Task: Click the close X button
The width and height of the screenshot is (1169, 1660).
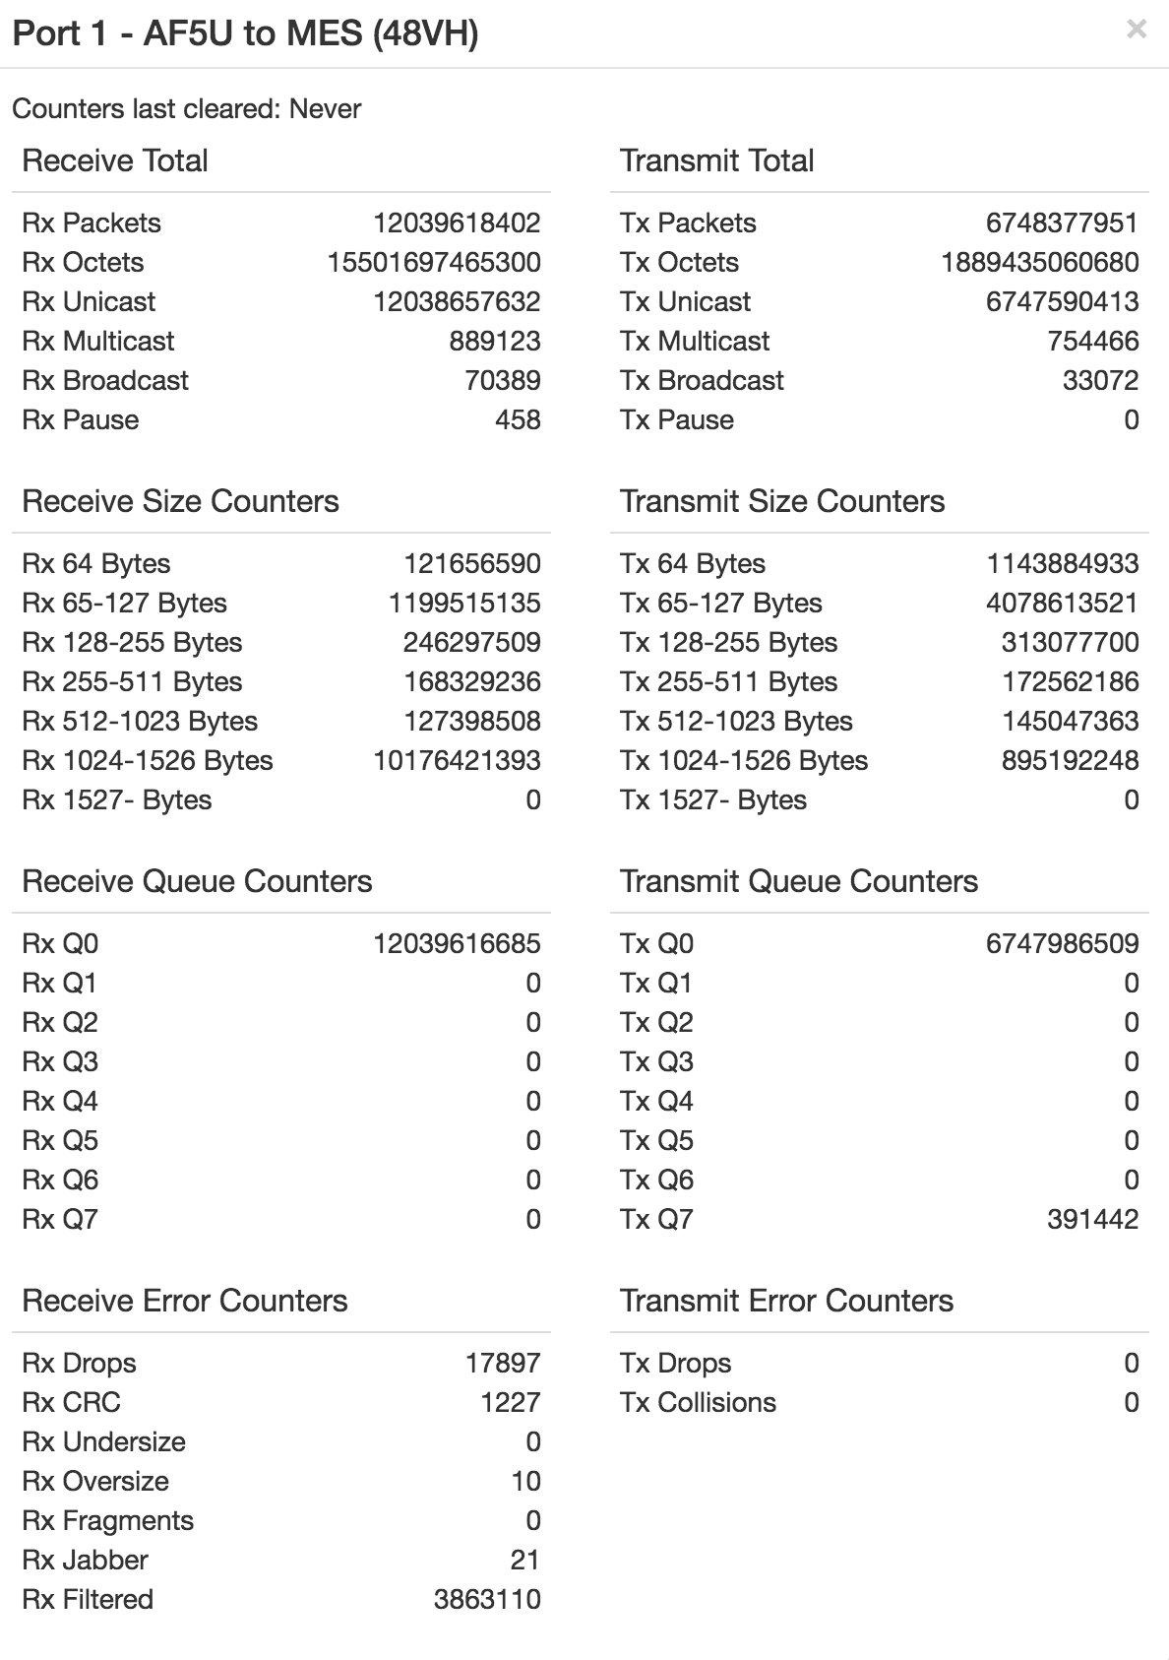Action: (x=1137, y=30)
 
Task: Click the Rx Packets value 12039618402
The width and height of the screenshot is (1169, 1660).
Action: (x=457, y=223)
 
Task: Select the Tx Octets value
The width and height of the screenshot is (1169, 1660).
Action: (x=1040, y=262)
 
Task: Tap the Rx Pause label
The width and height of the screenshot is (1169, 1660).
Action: (x=81, y=419)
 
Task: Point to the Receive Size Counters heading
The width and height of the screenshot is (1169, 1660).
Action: (x=180, y=501)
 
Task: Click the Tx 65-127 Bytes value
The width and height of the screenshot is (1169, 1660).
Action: (x=1062, y=603)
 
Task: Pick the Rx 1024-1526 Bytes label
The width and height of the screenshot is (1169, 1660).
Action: (x=148, y=760)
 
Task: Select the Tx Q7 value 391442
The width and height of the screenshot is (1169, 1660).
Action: (x=1092, y=1219)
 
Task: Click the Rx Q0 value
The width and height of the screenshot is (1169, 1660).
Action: (x=457, y=943)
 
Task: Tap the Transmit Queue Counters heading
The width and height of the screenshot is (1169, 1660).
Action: (x=799, y=881)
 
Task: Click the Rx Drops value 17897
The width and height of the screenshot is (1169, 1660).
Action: (x=503, y=1363)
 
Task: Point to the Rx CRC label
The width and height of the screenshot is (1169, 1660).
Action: (x=71, y=1402)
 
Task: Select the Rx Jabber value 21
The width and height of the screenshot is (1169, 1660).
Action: (x=525, y=1560)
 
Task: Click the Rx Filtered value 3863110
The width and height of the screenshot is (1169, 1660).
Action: (x=487, y=1599)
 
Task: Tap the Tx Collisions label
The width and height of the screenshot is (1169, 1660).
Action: (x=698, y=1402)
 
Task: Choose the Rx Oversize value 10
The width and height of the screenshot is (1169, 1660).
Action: (x=525, y=1481)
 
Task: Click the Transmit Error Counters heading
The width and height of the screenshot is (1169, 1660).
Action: (x=786, y=1301)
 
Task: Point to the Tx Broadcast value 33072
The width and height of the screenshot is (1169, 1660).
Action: (x=1100, y=380)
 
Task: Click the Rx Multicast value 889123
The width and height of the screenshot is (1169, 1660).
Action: (x=495, y=341)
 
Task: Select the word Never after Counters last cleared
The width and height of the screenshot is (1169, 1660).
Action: (x=325, y=108)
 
